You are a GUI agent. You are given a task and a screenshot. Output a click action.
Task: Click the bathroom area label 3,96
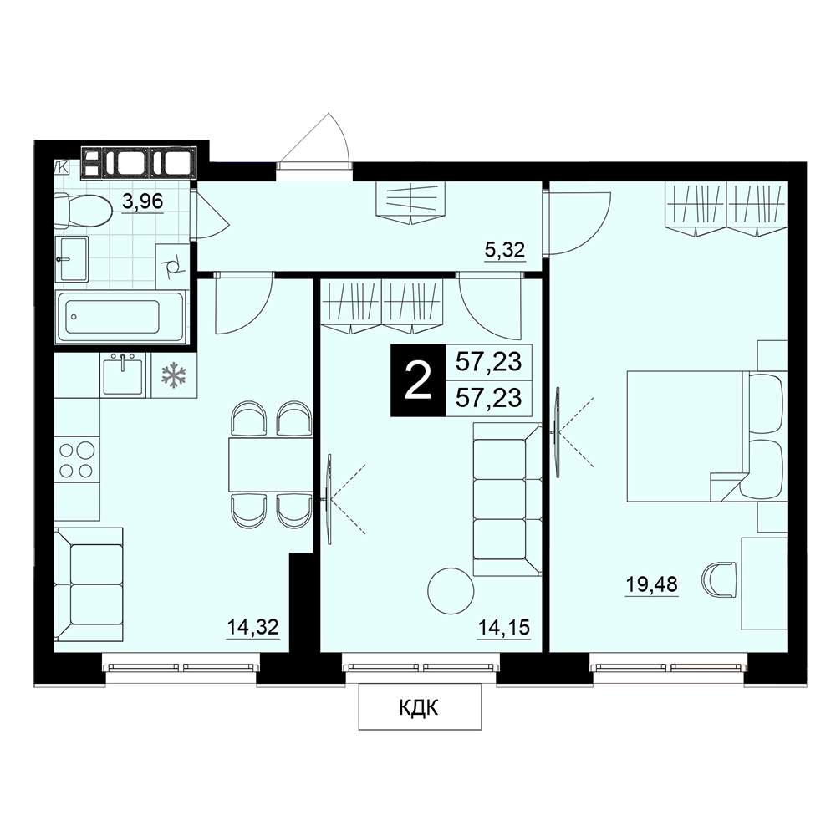click(x=142, y=202)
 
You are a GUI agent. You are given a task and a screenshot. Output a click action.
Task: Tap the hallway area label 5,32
click(x=505, y=249)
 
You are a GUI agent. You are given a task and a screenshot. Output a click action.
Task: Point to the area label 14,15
click(x=504, y=628)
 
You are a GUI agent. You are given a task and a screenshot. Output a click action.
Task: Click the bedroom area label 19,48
click(x=651, y=584)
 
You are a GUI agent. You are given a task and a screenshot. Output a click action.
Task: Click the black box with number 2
click(x=417, y=380)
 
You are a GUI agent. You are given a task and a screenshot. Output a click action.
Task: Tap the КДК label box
click(x=419, y=707)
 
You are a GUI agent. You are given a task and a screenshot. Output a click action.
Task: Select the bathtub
click(x=120, y=317)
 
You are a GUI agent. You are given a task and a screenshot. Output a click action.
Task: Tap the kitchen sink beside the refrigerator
click(x=123, y=375)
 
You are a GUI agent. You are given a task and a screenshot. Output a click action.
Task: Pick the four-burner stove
click(x=77, y=460)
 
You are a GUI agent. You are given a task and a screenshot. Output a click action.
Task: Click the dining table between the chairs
click(x=270, y=464)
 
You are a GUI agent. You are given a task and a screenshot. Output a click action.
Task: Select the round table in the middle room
click(x=451, y=591)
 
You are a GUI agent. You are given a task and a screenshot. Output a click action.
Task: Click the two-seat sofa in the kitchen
click(x=89, y=585)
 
